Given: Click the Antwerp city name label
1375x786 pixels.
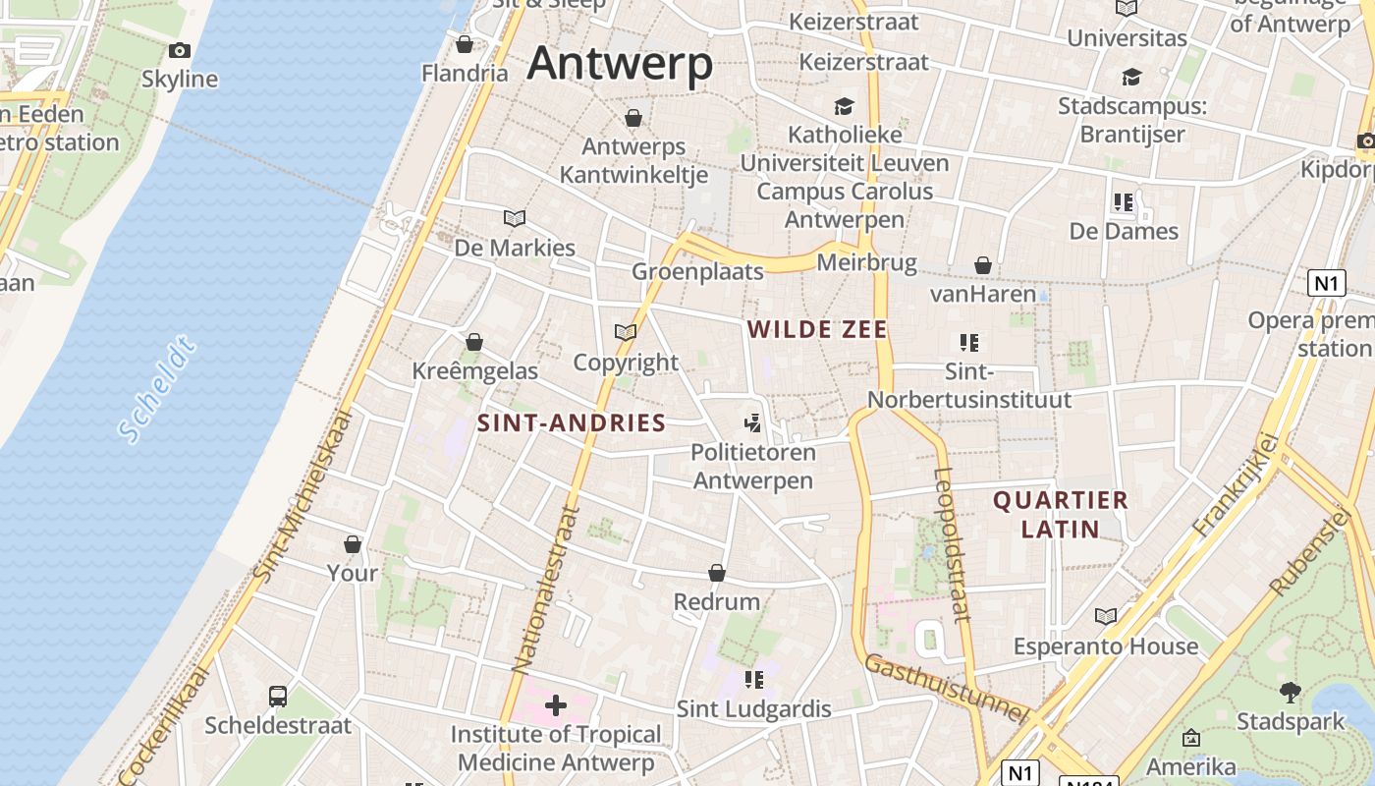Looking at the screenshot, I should click(x=620, y=64).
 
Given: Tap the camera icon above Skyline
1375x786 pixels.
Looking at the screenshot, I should click(x=180, y=50).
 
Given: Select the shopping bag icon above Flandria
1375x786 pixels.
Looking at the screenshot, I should click(x=465, y=44).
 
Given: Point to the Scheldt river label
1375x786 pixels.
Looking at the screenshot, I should click(x=157, y=389).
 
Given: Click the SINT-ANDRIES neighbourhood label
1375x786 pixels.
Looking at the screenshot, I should click(x=572, y=423).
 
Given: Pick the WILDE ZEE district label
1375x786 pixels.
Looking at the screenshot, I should click(x=818, y=330).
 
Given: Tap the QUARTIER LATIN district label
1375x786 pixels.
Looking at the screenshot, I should click(x=1061, y=515).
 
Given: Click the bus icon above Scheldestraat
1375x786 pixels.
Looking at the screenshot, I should click(x=278, y=696).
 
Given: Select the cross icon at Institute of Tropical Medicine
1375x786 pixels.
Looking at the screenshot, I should click(x=556, y=704).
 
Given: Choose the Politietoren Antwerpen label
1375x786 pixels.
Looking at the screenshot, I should click(x=753, y=467).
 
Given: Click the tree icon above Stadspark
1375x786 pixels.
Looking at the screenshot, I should click(x=1291, y=692).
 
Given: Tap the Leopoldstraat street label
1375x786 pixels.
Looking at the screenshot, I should click(x=951, y=545).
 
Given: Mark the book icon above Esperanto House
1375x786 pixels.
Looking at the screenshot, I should click(x=1106, y=616).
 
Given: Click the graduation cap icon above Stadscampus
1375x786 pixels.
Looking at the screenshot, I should click(x=1132, y=77).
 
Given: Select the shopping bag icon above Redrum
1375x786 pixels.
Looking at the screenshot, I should click(x=717, y=572).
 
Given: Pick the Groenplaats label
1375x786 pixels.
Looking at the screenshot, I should click(x=697, y=272).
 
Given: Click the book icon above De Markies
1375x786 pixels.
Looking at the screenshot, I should click(x=515, y=218).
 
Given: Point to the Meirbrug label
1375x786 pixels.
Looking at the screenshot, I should click(x=866, y=263).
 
